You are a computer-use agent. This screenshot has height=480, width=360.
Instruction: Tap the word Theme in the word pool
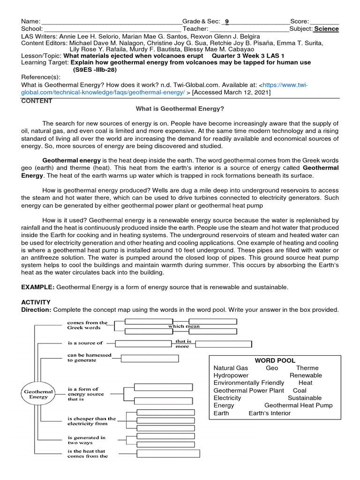307,368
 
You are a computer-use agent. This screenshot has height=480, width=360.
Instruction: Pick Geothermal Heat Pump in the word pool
299,405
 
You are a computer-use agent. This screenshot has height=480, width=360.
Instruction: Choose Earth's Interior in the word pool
270,413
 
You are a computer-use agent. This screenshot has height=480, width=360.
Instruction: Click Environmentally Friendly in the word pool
249,383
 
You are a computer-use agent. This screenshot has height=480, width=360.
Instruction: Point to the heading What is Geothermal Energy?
180,109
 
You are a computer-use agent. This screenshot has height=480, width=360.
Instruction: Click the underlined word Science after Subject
326,29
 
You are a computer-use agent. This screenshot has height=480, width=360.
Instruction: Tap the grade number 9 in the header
227,21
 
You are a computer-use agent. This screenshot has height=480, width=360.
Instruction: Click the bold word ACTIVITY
36,302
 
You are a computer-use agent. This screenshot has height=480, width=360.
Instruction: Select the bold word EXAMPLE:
38,286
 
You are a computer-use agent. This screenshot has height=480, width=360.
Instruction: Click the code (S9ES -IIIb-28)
94,70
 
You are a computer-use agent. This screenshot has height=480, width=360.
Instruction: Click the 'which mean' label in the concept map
184,326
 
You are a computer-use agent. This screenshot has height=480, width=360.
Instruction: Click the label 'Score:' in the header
300,21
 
